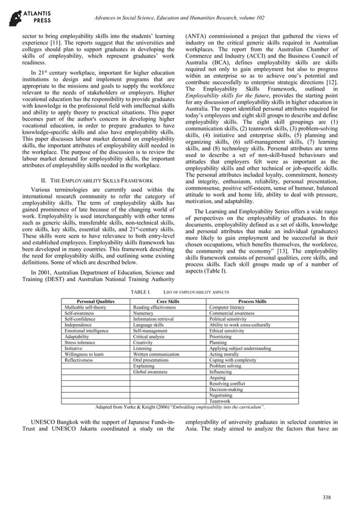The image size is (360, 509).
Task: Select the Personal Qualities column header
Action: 95,302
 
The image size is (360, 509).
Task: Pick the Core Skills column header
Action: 168,302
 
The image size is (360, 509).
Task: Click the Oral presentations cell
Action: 151,360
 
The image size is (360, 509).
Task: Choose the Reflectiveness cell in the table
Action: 80,360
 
